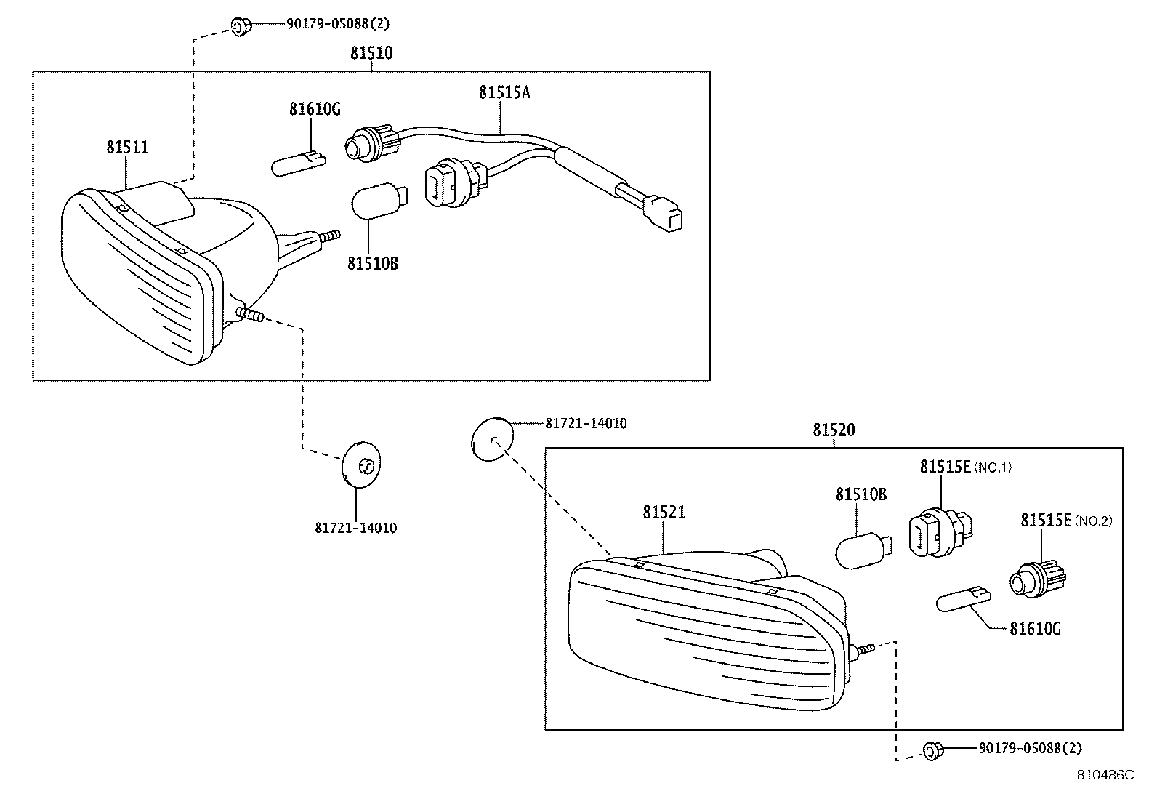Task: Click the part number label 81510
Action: (371, 53)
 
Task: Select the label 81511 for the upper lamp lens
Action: (127, 148)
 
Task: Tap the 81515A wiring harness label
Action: (504, 92)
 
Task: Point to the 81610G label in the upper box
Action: (315, 110)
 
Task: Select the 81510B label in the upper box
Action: (373, 263)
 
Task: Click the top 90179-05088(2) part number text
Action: (336, 24)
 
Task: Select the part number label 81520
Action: (834, 430)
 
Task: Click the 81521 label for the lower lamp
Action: (664, 513)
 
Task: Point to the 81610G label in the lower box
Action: (1035, 629)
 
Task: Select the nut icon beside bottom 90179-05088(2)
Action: (932, 750)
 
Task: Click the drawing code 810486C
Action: (1105, 776)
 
